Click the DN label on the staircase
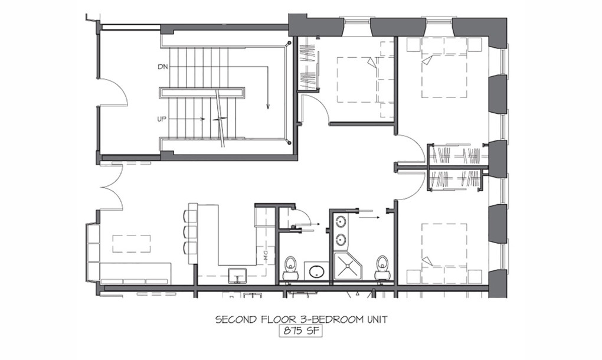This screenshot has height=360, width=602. click(x=163, y=67)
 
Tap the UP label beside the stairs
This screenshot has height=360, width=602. click(x=162, y=119)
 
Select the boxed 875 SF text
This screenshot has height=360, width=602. click(x=300, y=330)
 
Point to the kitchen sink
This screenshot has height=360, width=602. click(x=238, y=276)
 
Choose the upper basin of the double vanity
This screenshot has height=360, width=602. click(x=341, y=222)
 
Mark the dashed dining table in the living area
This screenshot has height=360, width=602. click(x=131, y=243)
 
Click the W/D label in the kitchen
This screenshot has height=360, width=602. click(x=266, y=257)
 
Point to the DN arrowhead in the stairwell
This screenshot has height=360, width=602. click(x=268, y=106)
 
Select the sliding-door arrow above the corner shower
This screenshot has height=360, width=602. click(x=369, y=217)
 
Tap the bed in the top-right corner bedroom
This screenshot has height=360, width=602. click(x=444, y=67)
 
